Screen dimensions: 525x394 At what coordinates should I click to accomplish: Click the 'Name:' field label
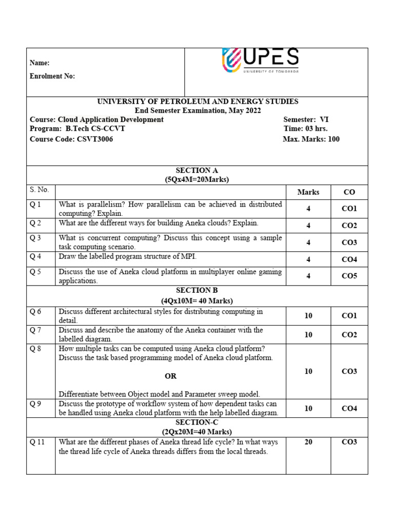(x=40, y=63)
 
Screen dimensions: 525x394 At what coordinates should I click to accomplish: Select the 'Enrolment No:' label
(x=52, y=76)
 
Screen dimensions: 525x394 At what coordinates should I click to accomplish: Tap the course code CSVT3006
(x=94, y=139)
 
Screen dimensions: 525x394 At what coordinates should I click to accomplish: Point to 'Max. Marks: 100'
(x=311, y=139)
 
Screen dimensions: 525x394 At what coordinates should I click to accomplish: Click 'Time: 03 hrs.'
(x=305, y=129)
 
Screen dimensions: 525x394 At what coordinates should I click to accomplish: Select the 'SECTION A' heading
(x=196, y=170)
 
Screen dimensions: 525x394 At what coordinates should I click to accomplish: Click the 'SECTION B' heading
(x=196, y=290)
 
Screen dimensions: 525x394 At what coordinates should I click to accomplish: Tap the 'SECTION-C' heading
(x=196, y=422)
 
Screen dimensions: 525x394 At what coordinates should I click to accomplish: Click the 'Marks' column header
(x=308, y=192)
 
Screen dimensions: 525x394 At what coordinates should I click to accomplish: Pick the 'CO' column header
(x=349, y=192)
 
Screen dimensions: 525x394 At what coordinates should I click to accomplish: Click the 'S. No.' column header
(x=40, y=190)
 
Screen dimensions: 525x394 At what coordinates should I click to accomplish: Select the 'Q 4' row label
(x=35, y=256)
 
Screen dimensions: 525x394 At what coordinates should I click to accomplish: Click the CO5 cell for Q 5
(x=349, y=276)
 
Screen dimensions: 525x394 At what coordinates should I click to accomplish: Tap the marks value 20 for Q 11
(x=308, y=442)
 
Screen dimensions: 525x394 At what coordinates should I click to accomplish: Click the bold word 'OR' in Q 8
(x=170, y=376)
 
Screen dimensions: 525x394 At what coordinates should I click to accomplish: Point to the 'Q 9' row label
(x=35, y=403)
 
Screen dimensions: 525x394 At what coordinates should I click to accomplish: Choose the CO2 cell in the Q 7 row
(x=349, y=335)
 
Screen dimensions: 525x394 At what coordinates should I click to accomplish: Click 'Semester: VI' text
(x=306, y=119)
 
